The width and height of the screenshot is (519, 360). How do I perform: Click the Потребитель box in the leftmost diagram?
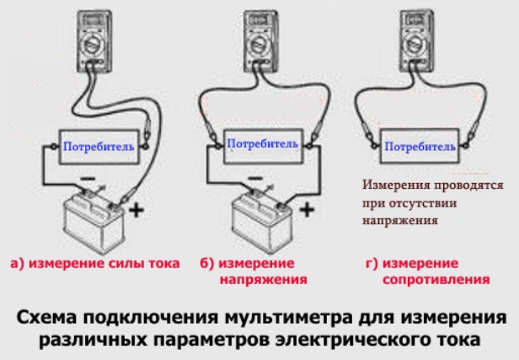[98, 147]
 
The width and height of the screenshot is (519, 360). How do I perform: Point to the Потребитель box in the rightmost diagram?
[422, 147]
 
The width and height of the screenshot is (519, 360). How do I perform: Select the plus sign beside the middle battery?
[308, 207]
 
